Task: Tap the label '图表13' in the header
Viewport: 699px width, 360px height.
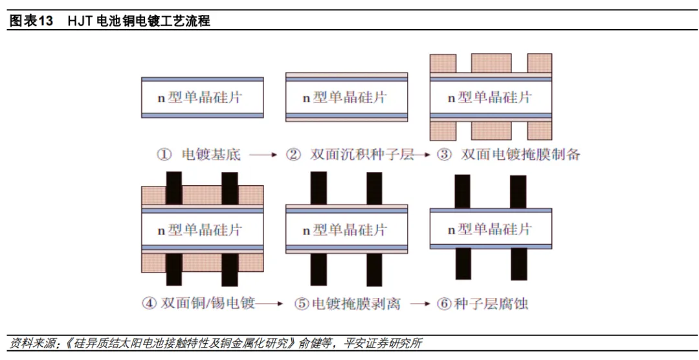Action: pyautogui.click(x=30, y=21)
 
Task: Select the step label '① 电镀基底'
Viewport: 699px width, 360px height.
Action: pyautogui.click(x=198, y=155)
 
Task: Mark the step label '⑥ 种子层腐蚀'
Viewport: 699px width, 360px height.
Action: pyautogui.click(x=482, y=303)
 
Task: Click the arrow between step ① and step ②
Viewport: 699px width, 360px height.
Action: pyautogui.click(x=263, y=155)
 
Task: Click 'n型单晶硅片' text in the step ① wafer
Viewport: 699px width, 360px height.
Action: pyautogui.click(x=201, y=98)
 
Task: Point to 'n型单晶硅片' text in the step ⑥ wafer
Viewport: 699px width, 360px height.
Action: pyautogui.click(x=490, y=229)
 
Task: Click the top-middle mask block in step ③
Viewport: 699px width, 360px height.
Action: pyautogui.click(x=491, y=63)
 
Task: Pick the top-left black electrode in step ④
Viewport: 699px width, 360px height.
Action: pyautogui.click(x=174, y=188)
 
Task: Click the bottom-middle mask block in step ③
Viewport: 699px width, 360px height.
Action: pyautogui.click(x=491, y=130)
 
